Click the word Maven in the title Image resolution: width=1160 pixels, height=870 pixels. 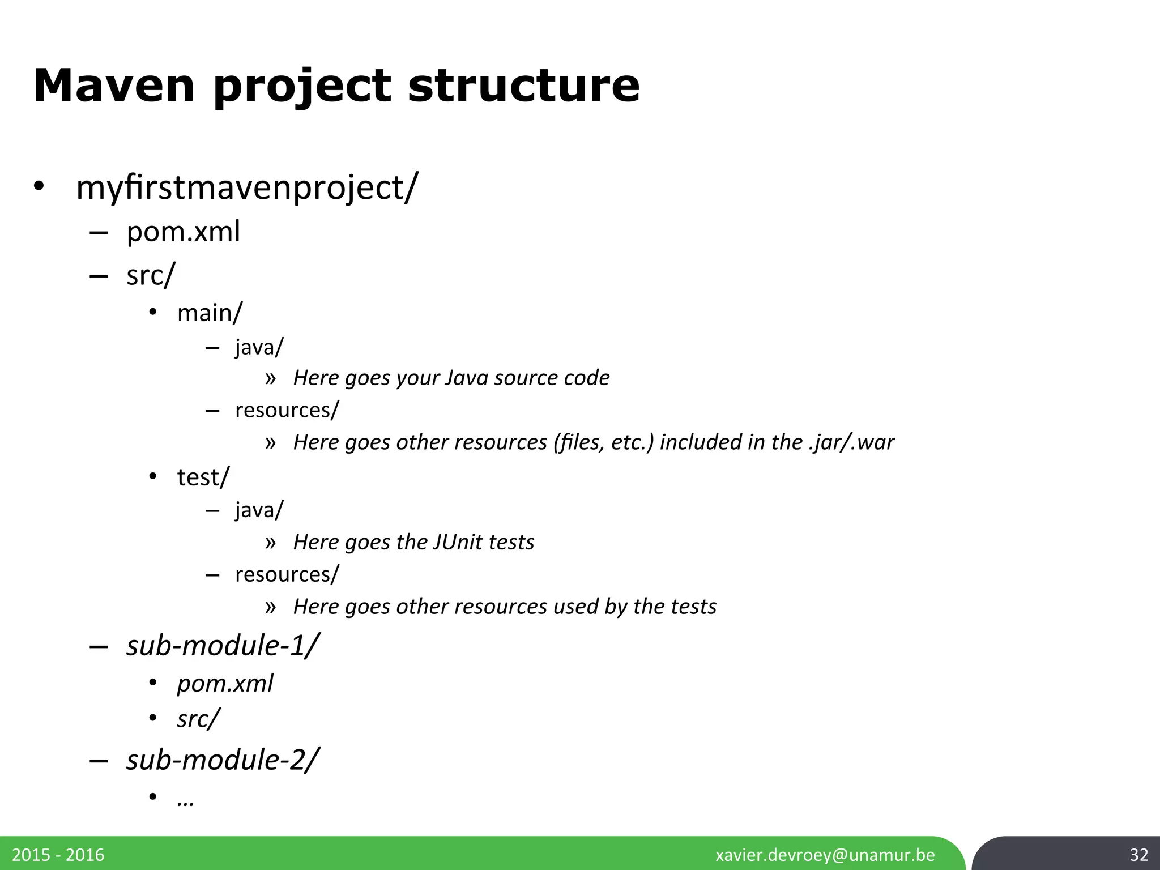click(114, 86)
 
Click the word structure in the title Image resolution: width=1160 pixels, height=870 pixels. click(523, 86)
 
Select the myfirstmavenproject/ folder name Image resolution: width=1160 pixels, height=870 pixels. click(247, 187)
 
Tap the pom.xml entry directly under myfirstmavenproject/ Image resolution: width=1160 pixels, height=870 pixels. click(184, 232)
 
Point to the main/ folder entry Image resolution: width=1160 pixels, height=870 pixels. click(210, 313)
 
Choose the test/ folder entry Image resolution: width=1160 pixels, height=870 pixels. click(203, 477)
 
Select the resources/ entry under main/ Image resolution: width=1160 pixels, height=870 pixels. click(287, 410)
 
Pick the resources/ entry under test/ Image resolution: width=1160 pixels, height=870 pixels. click(287, 574)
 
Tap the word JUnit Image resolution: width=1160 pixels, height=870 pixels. click(455, 542)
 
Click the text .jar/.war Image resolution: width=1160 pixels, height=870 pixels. click(851, 442)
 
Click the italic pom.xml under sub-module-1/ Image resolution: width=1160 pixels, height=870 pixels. click(225, 684)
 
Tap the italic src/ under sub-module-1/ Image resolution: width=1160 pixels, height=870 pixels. click(198, 719)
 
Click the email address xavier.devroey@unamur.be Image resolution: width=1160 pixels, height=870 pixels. click(825, 855)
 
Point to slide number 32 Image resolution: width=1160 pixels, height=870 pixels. click(1138, 855)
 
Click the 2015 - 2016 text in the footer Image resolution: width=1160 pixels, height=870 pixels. click(58, 855)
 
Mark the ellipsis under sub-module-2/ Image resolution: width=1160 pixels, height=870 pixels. click(186, 800)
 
